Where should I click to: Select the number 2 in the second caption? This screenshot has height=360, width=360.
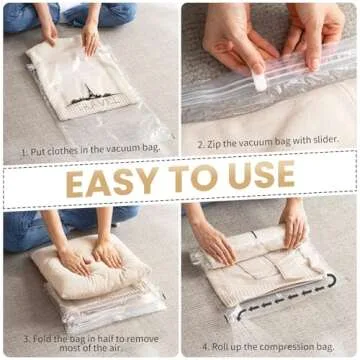pyautogui.click(x=200, y=143)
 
